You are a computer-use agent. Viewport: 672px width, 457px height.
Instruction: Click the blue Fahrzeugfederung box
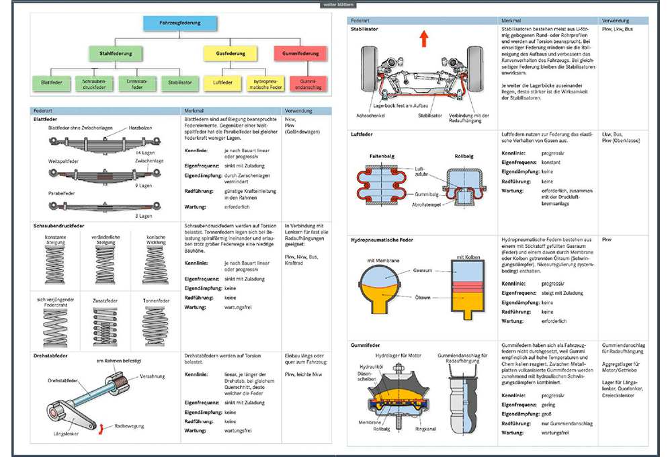pos(180,24)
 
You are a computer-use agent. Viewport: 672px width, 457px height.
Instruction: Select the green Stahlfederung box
pos(115,53)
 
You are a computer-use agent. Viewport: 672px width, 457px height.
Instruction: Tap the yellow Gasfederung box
pos(230,53)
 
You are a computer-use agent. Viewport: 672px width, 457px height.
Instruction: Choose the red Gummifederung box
pos(299,53)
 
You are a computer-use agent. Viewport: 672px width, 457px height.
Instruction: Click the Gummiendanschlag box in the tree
pos(307,83)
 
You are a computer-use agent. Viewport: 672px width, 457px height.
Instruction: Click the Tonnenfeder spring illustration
pos(159,327)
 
